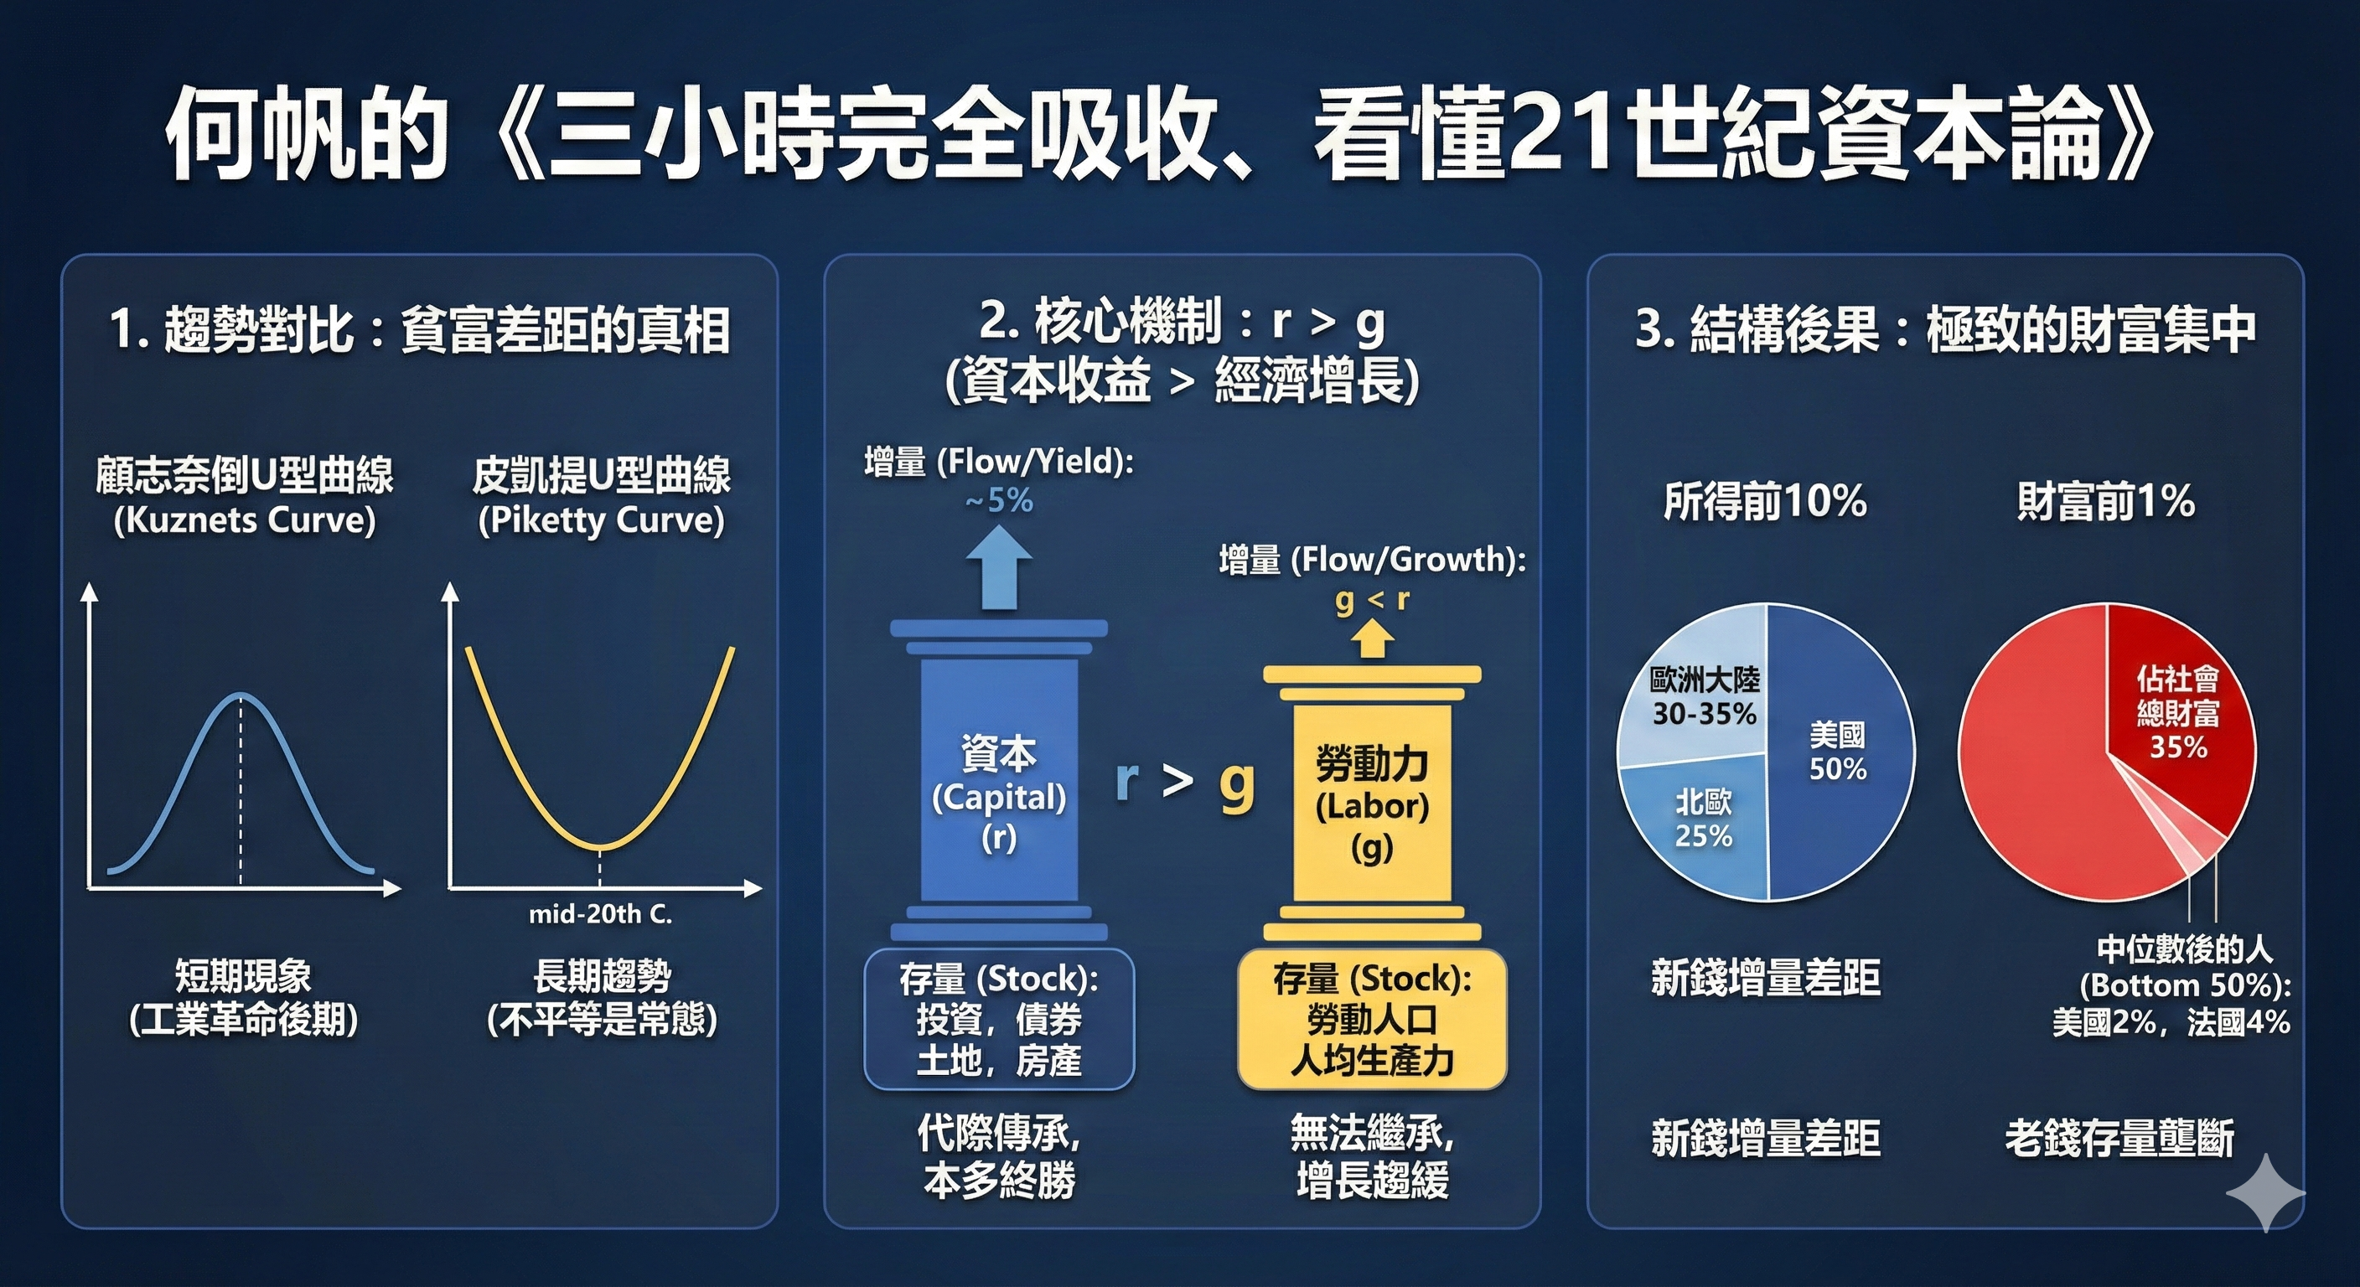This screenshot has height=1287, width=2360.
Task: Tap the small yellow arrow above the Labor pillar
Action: click(1370, 638)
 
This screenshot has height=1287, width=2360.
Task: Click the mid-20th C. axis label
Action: click(600, 914)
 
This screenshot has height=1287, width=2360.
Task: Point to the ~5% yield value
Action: click(999, 501)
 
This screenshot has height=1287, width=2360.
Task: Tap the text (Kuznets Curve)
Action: click(245, 520)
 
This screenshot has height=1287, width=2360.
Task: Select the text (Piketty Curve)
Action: click(601, 520)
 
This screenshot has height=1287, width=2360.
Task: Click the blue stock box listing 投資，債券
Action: click(999, 1020)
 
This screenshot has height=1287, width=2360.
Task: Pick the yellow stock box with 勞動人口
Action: click(1371, 1020)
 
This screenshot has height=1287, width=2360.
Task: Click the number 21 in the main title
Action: click(1563, 137)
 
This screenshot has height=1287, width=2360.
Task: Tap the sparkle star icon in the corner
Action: click(2264, 1191)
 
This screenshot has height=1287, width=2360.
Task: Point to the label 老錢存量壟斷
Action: click(2119, 1139)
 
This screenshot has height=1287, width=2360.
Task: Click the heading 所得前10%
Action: click(1764, 501)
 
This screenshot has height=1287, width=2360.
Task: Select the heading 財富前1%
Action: click(2105, 501)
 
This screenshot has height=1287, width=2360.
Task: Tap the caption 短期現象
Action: click(244, 976)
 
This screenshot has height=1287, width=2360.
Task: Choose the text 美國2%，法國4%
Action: click(2171, 1022)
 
